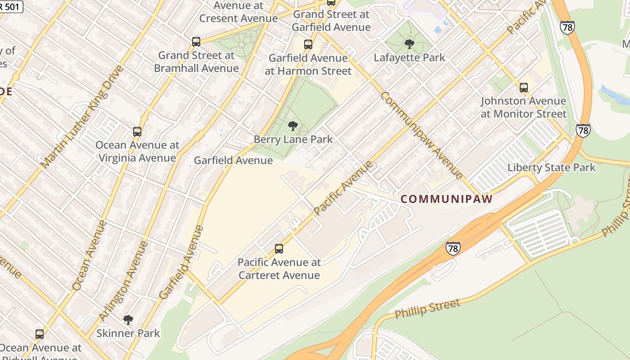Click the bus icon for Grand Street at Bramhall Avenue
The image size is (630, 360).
click(x=196, y=42)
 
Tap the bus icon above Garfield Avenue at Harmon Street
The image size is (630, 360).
click(x=308, y=45)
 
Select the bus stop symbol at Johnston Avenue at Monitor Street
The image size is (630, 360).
click(x=524, y=87)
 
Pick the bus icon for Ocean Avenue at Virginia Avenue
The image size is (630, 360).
click(x=137, y=132)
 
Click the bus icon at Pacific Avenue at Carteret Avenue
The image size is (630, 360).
click(x=279, y=249)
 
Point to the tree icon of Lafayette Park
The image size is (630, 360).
click(x=409, y=44)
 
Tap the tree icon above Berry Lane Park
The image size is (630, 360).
click(x=293, y=126)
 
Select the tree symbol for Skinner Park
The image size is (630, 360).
click(x=128, y=320)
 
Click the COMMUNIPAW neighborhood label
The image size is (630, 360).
click(x=446, y=199)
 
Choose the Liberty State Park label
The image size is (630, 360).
click(x=551, y=168)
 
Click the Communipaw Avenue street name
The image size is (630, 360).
click(x=421, y=135)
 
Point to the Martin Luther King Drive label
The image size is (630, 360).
click(x=81, y=117)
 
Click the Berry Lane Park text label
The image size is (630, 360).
click(x=293, y=139)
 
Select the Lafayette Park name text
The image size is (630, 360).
click(x=409, y=58)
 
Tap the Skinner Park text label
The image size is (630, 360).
click(x=128, y=333)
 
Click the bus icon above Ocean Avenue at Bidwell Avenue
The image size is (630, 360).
click(x=40, y=334)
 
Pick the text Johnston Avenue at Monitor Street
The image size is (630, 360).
click(x=523, y=107)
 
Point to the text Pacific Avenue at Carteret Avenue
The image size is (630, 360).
click(x=279, y=269)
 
